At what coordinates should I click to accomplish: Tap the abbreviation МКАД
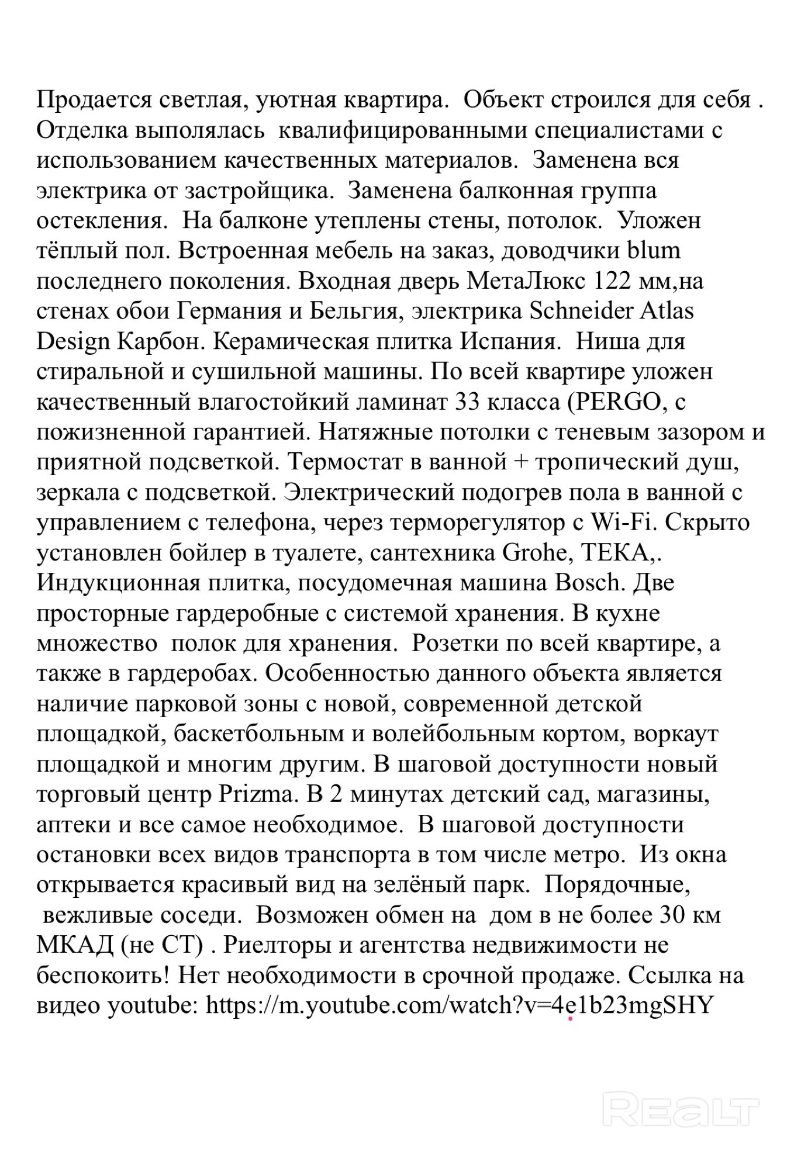[x=75, y=946]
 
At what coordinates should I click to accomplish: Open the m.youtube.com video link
[x=460, y=1006]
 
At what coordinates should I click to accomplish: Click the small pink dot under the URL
[x=570, y=1019]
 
